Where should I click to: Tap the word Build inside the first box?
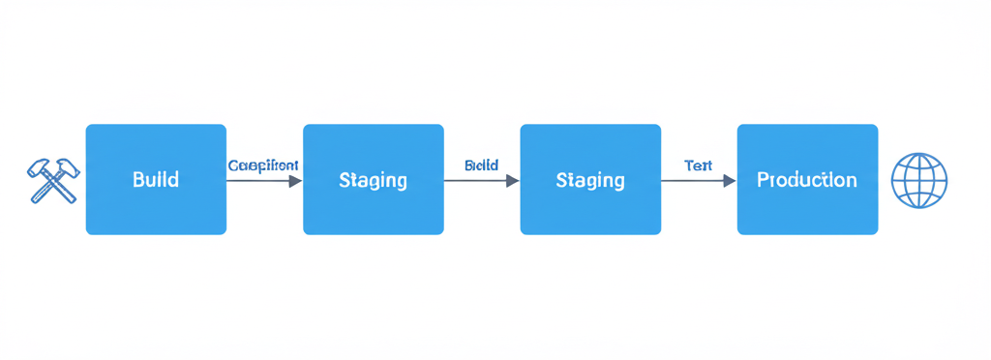[x=156, y=180]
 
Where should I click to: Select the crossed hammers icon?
[x=53, y=180]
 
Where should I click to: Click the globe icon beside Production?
[x=918, y=180]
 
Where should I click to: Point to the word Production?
[x=807, y=180]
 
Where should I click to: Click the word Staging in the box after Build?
[x=374, y=181]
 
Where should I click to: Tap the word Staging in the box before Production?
[x=590, y=181]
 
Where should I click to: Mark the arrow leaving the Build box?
[x=261, y=180]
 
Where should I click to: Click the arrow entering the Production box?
[x=696, y=180]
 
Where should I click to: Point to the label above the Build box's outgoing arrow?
[x=263, y=165]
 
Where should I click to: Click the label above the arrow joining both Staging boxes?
[x=481, y=165]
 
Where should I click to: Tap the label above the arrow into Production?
[x=698, y=165]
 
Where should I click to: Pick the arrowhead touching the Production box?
[x=730, y=180]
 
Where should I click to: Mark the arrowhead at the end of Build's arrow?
[x=295, y=180]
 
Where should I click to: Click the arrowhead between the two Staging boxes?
[x=513, y=180]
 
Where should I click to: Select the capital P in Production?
[x=763, y=180]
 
